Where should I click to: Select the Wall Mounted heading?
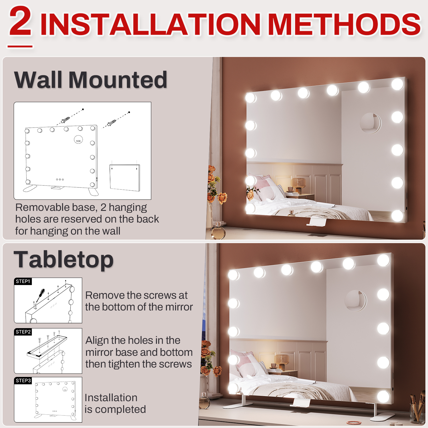91,80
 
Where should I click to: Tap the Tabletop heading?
64,260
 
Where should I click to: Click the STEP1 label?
23,281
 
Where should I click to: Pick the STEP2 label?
23,332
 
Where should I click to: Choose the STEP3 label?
23,381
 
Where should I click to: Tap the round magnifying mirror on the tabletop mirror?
356,301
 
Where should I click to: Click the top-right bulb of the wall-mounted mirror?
397,84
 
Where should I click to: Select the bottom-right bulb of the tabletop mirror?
383,396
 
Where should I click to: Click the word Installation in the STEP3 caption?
111,397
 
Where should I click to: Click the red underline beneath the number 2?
20,46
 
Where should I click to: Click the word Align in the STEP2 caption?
97,341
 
